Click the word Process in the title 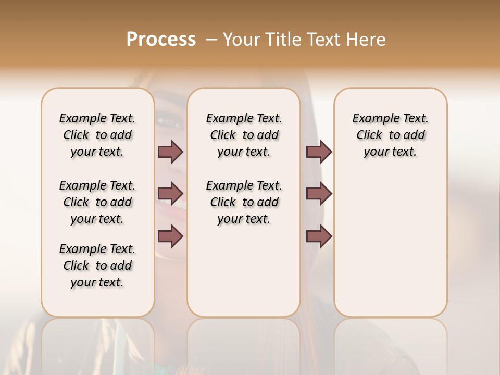pos(161,40)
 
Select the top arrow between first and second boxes pos(170,152)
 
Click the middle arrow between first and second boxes pos(170,194)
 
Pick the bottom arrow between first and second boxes pos(170,236)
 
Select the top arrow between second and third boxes pos(319,152)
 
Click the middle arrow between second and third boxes pos(319,194)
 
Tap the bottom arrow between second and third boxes pos(319,236)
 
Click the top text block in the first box pos(97,135)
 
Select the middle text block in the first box pos(97,202)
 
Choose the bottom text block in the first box pos(97,266)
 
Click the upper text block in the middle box pos(244,135)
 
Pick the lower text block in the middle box pos(244,202)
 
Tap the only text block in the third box pos(390,135)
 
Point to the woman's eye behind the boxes pos(169,123)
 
